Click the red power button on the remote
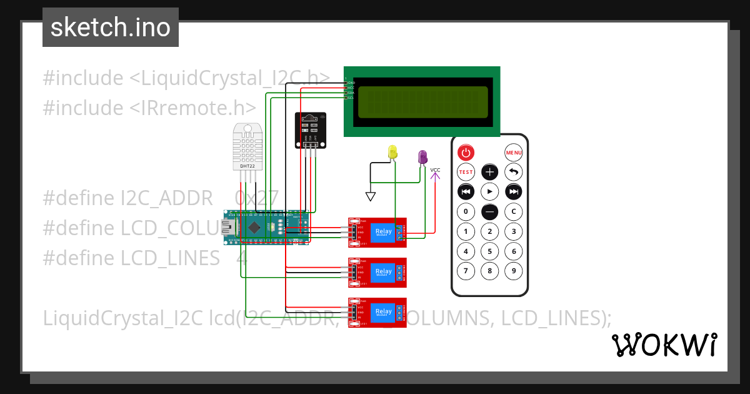click(x=466, y=152)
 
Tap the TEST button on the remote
click(x=466, y=172)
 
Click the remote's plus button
click(x=490, y=172)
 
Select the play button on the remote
click(x=490, y=191)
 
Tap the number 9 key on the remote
click(x=514, y=271)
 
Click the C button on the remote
click(x=514, y=211)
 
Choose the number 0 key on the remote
click(x=466, y=211)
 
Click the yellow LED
click(x=392, y=151)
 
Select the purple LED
click(x=423, y=156)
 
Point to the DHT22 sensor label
click(x=247, y=166)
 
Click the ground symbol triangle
click(x=371, y=197)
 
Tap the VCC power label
click(x=436, y=170)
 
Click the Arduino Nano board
click(x=266, y=228)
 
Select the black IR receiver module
click(x=310, y=130)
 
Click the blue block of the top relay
click(x=382, y=233)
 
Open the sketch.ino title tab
click(x=111, y=28)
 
